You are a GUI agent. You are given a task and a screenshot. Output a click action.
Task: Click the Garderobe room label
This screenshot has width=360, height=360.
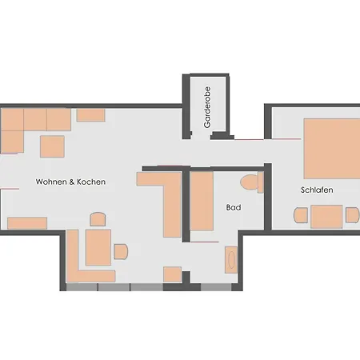click(x=207, y=107)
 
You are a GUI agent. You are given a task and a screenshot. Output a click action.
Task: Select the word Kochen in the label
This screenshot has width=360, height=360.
click(x=91, y=182)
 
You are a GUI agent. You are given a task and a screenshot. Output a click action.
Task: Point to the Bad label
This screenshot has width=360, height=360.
click(x=234, y=207)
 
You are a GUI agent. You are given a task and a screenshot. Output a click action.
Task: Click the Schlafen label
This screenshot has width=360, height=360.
click(x=317, y=190)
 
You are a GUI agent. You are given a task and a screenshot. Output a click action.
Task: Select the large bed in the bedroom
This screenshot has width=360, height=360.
click(x=332, y=149)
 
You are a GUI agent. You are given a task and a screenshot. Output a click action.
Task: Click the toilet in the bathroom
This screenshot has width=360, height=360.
click(x=252, y=182)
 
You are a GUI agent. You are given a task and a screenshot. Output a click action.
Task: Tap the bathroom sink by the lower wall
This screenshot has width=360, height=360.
click(x=231, y=260)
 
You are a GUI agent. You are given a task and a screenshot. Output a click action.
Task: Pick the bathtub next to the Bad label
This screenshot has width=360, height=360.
click(x=202, y=201)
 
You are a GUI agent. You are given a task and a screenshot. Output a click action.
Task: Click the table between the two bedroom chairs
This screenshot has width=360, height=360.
click(x=326, y=217)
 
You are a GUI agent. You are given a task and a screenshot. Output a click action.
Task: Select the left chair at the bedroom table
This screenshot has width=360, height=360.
click(x=301, y=215)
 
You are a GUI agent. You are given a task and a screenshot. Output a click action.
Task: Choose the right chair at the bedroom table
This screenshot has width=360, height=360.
click(x=352, y=215)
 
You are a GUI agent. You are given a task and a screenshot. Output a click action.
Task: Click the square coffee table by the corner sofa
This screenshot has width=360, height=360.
click(x=52, y=146)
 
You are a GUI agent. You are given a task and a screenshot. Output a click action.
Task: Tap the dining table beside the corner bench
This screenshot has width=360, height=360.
click(x=98, y=247)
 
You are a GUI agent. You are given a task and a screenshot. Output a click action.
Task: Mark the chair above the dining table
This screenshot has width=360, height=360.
click(x=98, y=219)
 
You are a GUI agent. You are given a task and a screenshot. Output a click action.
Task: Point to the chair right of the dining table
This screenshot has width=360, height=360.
click(x=121, y=251)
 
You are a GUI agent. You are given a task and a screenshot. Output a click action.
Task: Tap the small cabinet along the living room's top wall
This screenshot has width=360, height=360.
click(x=90, y=115)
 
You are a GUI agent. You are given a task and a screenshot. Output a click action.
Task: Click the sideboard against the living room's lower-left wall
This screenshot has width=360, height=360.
click(x=27, y=223)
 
